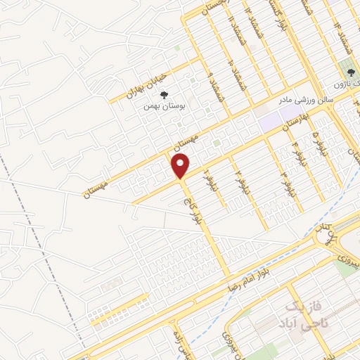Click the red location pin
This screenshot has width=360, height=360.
(x=181, y=165)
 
